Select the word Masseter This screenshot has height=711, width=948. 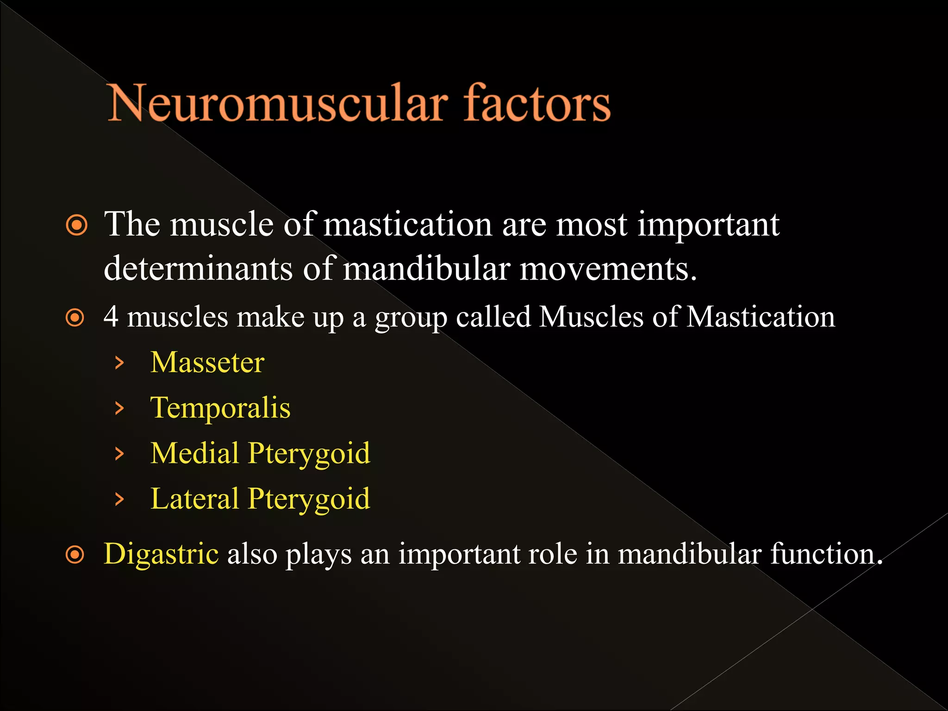click(207, 362)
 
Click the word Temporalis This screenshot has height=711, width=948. click(220, 408)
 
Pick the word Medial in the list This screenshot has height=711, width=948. click(195, 453)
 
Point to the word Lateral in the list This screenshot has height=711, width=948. click(194, 499)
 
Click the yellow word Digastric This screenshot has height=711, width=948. click(161, 554)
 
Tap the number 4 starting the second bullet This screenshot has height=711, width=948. click(111, 317)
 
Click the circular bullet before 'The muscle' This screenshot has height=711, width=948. click(76, 226)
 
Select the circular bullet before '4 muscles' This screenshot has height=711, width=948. click(75, 318)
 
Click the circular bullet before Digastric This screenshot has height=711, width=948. click(75, 555)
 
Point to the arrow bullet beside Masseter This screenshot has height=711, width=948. click(119, 363)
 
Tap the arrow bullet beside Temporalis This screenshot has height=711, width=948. click(119, 408)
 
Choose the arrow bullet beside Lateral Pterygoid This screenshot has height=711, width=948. click(119, 499)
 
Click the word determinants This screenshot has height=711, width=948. click(198, 268)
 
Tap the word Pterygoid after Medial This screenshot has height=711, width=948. click(309, 454)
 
